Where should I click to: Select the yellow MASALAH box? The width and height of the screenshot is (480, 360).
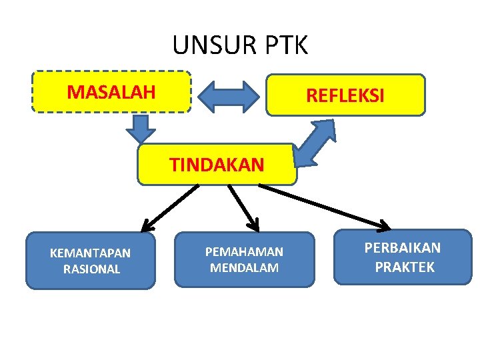pyautogui.click(x=111, y=92)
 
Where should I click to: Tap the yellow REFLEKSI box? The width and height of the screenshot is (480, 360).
pyautogui.click(x=345, y=95)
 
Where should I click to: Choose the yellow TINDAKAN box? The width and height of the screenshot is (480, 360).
pyautogui.click(x=217, y=164)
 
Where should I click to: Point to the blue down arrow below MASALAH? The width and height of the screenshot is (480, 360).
pyautogui.click(x=141, y=127)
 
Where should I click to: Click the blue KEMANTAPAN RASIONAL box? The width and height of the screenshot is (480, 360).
pyautogui.click(x=90, y=261)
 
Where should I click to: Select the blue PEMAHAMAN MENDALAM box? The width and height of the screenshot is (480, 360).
pyautogui.click(x=244, y=259)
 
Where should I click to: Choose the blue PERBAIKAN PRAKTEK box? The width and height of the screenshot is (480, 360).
pyautogui.click(x=403, y=257)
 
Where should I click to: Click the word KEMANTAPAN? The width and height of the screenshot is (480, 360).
pyautogui.click(x=91, y=253)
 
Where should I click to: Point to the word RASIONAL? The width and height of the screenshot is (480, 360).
pyautogui.click(x=91, y=269)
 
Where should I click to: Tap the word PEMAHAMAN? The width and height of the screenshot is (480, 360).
pyautogui.click(x=244, y=252)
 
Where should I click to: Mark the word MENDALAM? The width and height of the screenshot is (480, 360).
pyautogui.click(x=244, y=268)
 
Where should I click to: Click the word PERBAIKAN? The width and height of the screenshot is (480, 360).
pyautogui.click(x=403, y=248)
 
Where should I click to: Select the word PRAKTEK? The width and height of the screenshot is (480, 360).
pyautogui.click(x=404, y=267)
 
